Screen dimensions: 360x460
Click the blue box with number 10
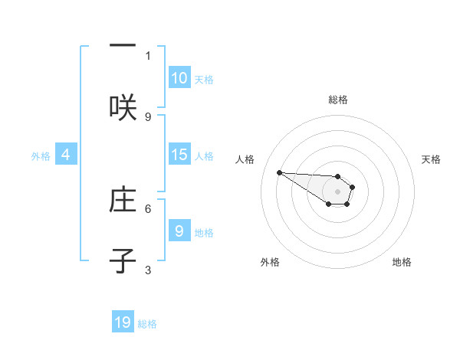[179, 78]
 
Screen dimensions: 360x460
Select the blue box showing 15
[179, 155]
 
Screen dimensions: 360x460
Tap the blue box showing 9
[179, 231]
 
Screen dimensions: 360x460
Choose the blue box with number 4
[66, 155]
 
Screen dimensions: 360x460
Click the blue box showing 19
[123, 322]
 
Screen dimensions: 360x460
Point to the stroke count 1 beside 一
[148, 55]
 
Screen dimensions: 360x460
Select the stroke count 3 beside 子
[148, 270]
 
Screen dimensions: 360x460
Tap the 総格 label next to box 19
[147, 324]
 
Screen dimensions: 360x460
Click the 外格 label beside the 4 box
[41, 155]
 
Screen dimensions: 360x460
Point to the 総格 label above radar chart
[337, 100]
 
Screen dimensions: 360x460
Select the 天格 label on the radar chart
[431, 159]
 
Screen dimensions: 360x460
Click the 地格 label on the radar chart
[402, 262]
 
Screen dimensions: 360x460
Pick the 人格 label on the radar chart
[245, 159]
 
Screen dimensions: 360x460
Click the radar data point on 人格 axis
[279, 172]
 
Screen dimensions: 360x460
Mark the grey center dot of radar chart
[337, 191]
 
